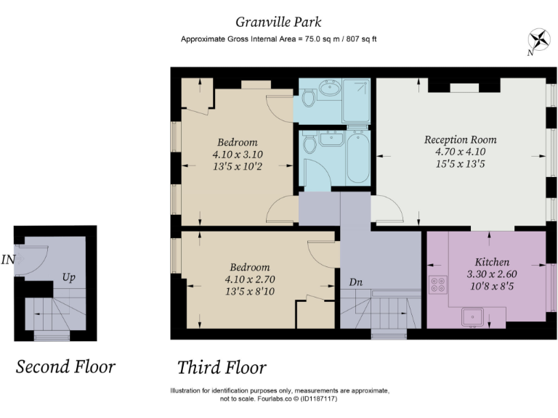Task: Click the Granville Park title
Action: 278,22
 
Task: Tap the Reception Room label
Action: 460,139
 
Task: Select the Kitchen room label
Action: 492,262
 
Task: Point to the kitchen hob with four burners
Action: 437,284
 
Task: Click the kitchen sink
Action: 472,317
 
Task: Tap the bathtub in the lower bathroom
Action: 359,157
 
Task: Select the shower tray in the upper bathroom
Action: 356,101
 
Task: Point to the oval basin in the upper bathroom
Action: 330,87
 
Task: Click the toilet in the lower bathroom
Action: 310,143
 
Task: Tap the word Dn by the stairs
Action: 355,282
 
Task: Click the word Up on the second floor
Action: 68,277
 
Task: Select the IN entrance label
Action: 8,260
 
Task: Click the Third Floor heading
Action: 222,367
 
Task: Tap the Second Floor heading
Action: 65,366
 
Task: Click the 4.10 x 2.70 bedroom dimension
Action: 250,279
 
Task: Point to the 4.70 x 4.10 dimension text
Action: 460,152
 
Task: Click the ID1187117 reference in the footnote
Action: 319,399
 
